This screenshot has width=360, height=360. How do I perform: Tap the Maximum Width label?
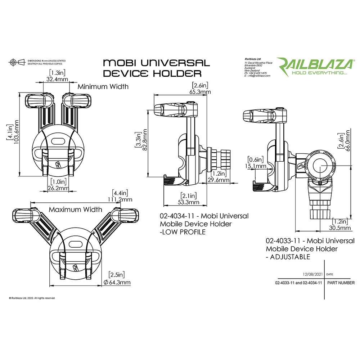point(75,209)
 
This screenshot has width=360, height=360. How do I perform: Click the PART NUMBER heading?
point(341,283)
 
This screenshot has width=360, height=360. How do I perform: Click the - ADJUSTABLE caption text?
point(288,257)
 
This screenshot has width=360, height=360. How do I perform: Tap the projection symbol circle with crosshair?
point(13,62)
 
